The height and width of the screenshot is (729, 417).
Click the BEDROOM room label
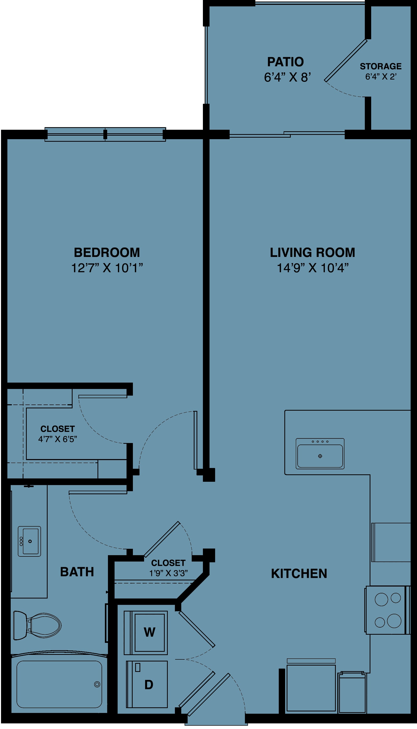(107, 253)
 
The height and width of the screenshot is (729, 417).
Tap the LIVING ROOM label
(312, 253)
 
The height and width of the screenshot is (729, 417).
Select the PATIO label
(286, 62)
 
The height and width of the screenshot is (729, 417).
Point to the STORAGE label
(381, 67)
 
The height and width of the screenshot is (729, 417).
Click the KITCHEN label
(299, 574)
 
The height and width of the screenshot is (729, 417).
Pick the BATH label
(77, 572)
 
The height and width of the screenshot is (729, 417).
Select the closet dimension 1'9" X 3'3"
(169, 573)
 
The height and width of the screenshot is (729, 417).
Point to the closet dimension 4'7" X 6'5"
(58, 439)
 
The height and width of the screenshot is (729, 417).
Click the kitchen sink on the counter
(320, 453)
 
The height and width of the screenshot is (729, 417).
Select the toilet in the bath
(37, 625)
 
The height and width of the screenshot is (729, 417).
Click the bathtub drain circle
(97, 685)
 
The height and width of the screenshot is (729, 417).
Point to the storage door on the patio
(346, 60)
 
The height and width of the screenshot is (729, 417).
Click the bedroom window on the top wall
(105, 134)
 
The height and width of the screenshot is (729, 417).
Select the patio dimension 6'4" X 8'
(287, 77)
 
